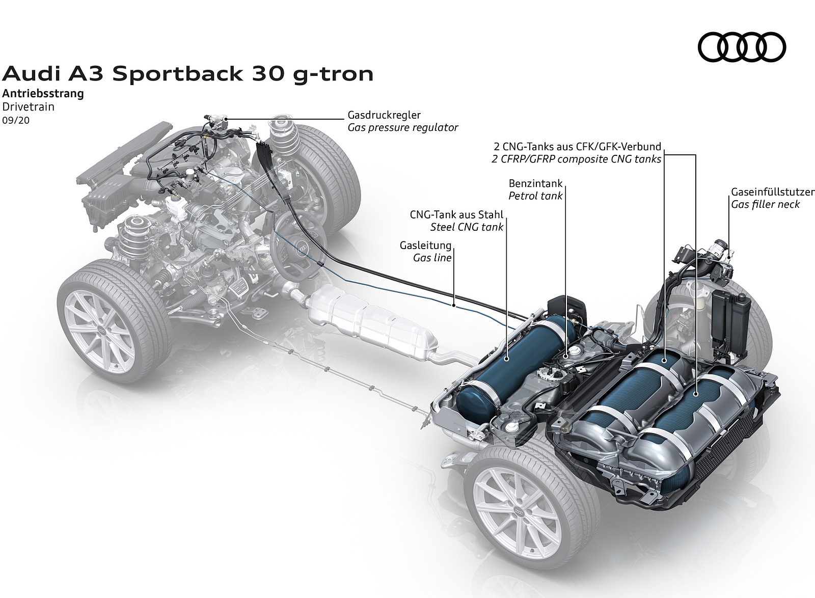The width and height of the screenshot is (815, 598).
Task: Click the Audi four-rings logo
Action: tap(742, 47)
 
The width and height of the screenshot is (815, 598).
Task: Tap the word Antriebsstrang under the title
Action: tap(43, 94)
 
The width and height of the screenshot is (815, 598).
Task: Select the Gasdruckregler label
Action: tap(384, 115)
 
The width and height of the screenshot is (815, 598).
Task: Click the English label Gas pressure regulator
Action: tap(403, 127)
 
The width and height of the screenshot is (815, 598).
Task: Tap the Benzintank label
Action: tap(535, 183)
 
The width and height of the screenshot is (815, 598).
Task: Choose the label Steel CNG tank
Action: tap(467, 227)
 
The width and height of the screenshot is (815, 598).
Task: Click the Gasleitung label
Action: tap(426, 246)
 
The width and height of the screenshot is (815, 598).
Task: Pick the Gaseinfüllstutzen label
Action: tap(772, 192)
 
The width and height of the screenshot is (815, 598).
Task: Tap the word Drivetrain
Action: tap(29, 107)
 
